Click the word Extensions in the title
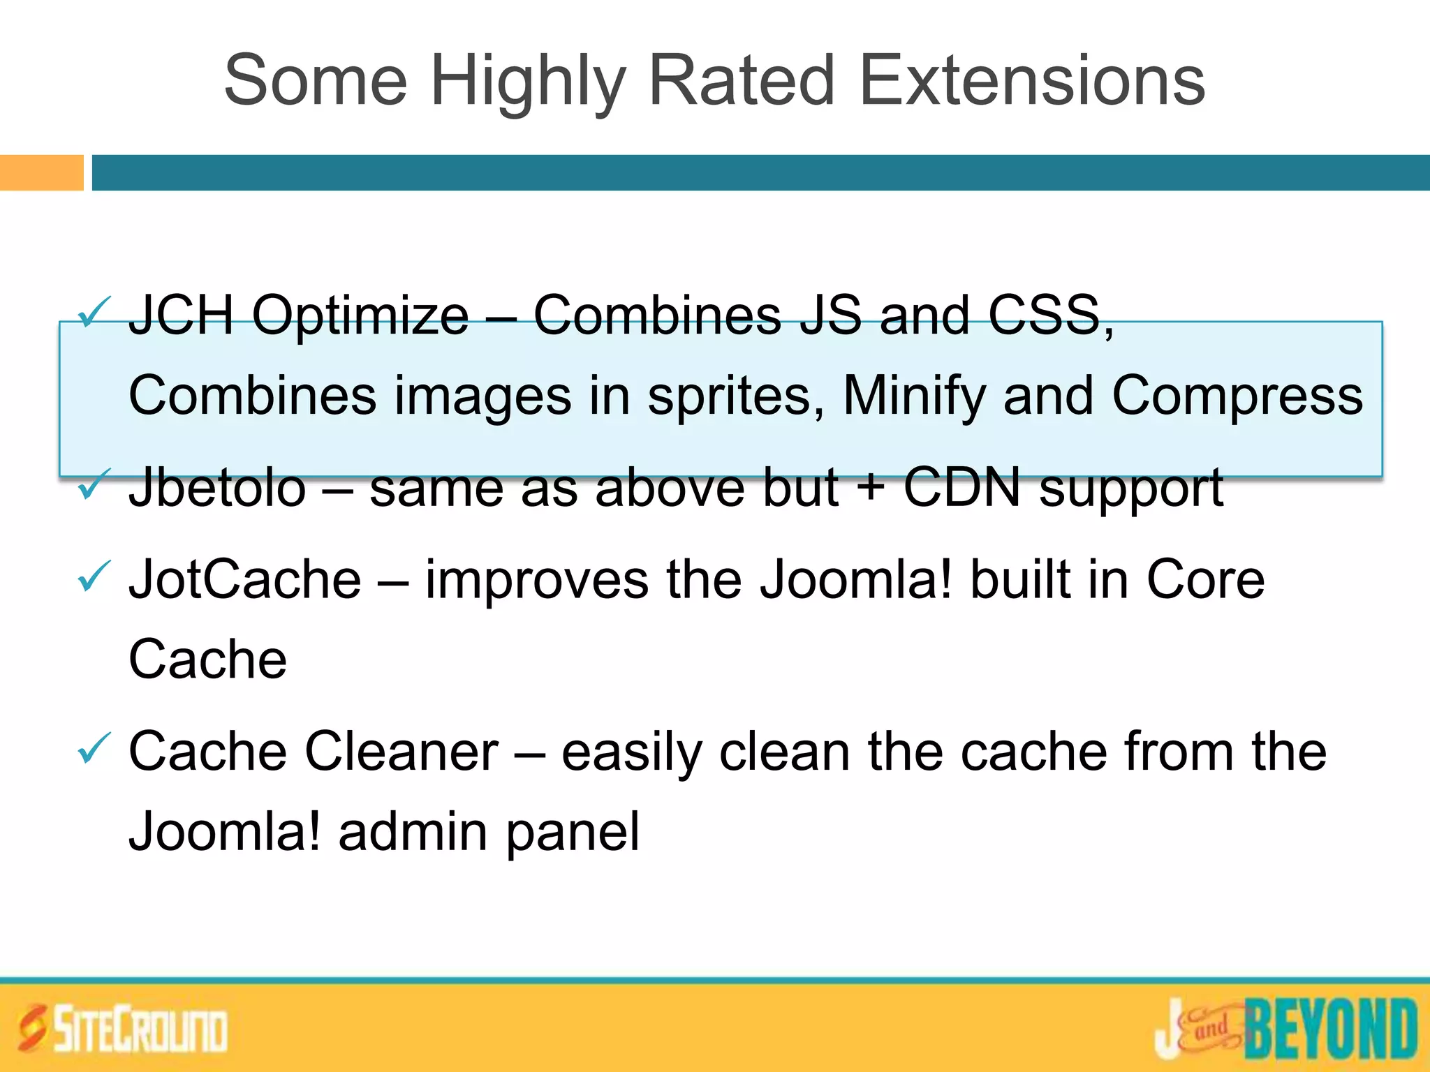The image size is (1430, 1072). point(1032,81)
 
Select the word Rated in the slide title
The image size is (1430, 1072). point(742,81)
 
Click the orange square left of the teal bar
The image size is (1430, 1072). point(41,172)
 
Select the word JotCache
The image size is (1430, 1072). point(245,579)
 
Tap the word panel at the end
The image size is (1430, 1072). point(572,833)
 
